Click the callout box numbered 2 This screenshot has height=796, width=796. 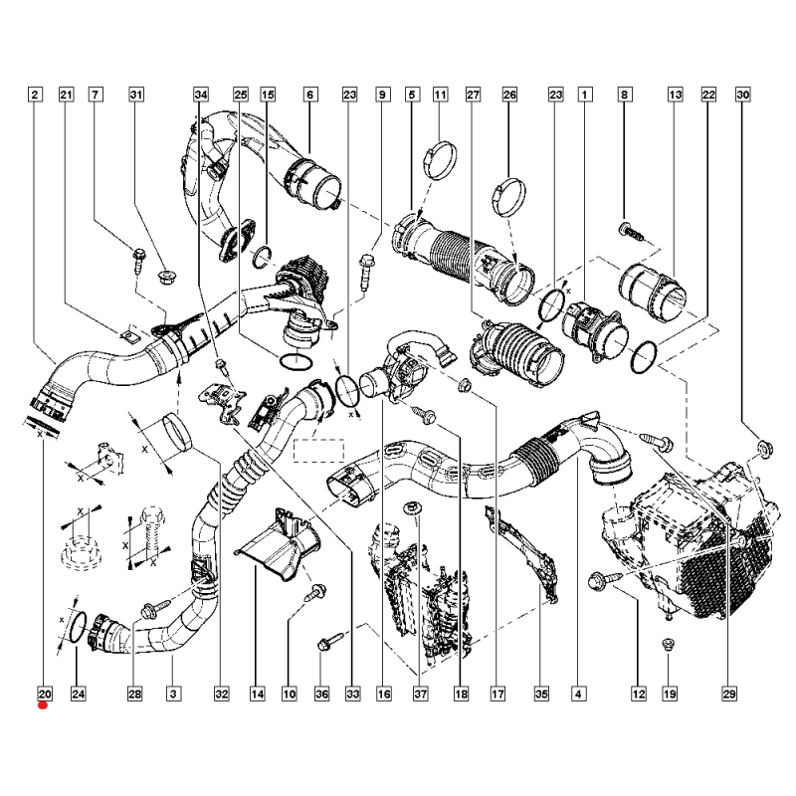35,95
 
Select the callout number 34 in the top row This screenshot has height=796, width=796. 201,95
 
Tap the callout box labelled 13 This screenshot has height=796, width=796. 675,95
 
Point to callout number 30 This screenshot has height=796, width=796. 742,95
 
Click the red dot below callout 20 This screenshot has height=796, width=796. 42,706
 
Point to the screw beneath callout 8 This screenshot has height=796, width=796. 632,230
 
